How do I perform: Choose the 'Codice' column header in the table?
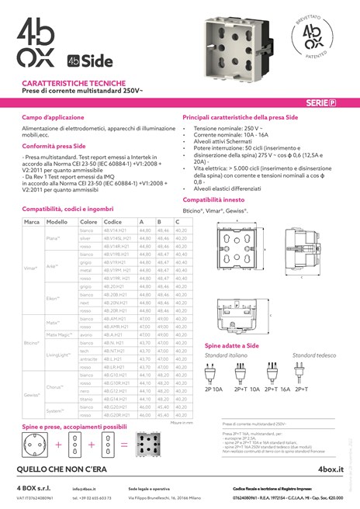112,222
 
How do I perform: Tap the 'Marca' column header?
32,222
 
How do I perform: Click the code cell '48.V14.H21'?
115,230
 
